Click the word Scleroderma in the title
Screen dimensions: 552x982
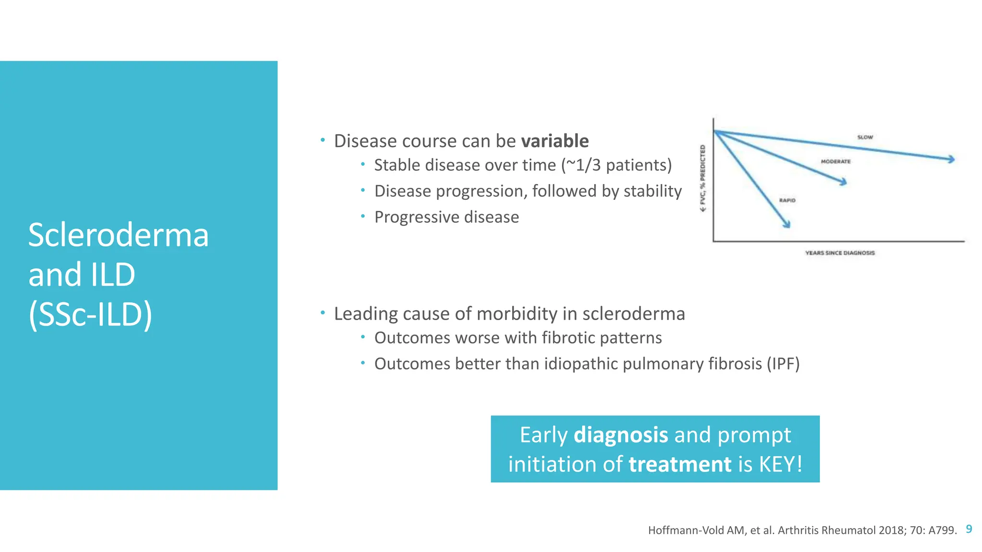click(118, 235)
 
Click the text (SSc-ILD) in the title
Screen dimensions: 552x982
click(90, 315)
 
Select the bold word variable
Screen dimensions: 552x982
click(555, 141)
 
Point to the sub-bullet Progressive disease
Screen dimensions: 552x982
click(446, 217)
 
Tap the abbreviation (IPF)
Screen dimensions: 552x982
click(783, 364)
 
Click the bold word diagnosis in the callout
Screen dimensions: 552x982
click(620, 435)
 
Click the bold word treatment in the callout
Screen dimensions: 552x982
click(680, 464)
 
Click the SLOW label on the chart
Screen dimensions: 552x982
click(865, 137)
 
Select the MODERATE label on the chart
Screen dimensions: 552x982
click(835, 161)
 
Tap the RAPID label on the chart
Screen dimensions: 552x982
click(787, 200)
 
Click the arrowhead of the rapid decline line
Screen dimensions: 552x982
click(787, 224)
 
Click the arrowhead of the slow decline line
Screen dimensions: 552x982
click(951, 159)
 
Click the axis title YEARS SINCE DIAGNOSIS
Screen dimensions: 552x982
click(840, 253)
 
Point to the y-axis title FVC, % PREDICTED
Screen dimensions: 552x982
click(703, 177)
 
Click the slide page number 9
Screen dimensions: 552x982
click(969, 529)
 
